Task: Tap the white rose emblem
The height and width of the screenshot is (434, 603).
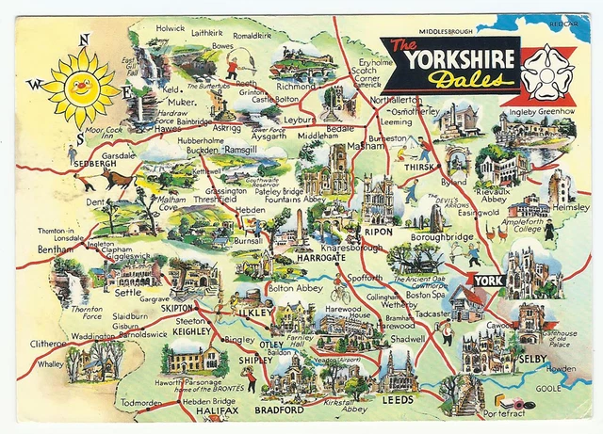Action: click(x=547, y=72)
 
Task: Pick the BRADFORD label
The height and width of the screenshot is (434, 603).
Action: click(x=280, y=410)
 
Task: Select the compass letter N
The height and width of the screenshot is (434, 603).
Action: click(x=84, y=39)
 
